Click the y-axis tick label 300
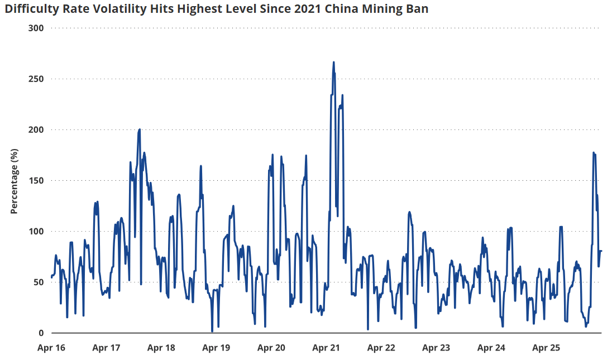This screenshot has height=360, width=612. click(x=36, y=28)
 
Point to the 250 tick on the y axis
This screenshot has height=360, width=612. click(x=36, y=79)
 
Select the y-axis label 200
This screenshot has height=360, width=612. click(x=36, y=129)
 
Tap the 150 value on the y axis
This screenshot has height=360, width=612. click(x=36, y=181)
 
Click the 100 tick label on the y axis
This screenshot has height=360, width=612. click(x=36, y=231)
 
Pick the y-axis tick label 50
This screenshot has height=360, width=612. click(x=38, y=282)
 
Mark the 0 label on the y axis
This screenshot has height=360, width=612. click(x=41, y=333)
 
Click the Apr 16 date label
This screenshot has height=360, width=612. click(x=51, y=348)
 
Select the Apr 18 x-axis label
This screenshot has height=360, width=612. click(x=161, y=348)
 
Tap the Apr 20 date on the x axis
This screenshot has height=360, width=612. click(x=271, y=348)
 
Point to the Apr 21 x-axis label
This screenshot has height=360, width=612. click(x=326, y=348)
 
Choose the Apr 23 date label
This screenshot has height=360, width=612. click(x=436, y=348)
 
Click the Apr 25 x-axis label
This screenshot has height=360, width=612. click(x=547, y=348)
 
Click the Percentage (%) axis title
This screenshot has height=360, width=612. click(x=15, y=181)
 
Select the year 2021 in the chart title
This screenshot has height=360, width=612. click(x=308, y=8)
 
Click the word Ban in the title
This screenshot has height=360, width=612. click(x=418, y=8)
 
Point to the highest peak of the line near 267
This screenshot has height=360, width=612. click(x=334, y=62)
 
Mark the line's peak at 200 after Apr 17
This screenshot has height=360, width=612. click(x=140, y=129)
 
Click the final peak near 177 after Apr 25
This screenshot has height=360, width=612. click(x=594, y=153)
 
